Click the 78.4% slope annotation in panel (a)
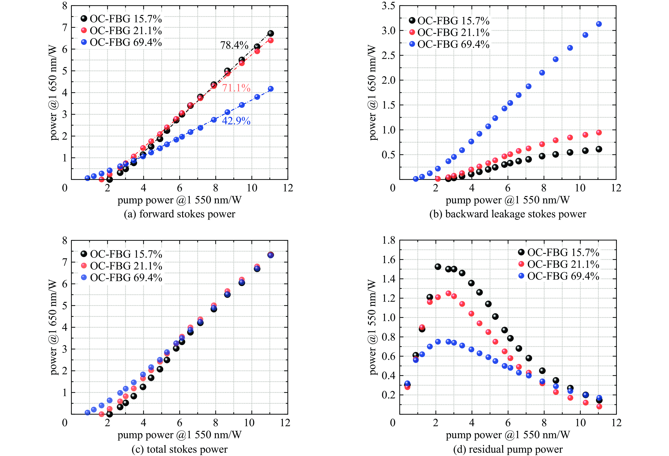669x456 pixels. click(234, 45)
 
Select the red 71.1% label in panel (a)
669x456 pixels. click(236, 88)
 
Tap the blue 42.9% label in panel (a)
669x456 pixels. click(236, 121)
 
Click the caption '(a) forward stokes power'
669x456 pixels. click(179, 214)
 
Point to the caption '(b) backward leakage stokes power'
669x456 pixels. click(508, 214)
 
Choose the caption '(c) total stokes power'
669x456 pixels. click(179, 449)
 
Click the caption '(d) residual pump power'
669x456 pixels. click(508, 449)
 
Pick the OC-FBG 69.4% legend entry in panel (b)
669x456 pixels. click(449, 44)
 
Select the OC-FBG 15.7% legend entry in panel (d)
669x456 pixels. click(558, 252)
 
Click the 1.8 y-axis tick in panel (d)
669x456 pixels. click(388, 240)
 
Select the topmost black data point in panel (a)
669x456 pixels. click(271, 33)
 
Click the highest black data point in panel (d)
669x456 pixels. click(438, 267)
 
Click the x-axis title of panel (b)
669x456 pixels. click(508, 200)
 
